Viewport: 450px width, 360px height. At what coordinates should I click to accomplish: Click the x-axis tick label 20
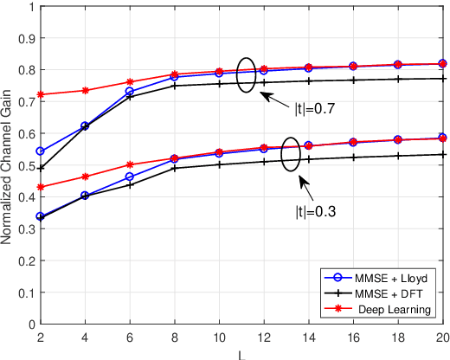point(443,338)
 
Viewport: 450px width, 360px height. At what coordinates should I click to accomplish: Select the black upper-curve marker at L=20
point(443,79)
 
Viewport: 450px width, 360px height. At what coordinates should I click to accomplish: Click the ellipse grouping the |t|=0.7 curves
point(247,75)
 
